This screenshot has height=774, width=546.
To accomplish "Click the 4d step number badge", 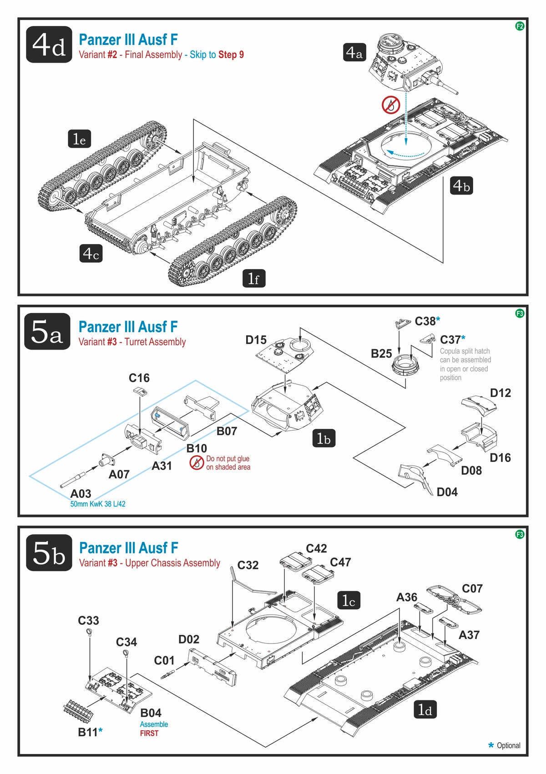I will point(49,45).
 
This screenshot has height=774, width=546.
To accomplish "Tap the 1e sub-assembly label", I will point(79,139).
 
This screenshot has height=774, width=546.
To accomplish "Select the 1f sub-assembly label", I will point(253,278).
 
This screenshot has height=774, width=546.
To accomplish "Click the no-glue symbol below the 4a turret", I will point(390,105).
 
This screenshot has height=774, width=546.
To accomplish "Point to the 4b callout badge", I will point(461,186).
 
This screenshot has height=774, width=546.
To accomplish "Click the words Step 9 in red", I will point(231,55).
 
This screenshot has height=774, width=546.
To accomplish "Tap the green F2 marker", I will point(520,26).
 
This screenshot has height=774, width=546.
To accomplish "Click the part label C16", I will point(139,378).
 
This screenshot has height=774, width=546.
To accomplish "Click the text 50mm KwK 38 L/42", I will point(98,504).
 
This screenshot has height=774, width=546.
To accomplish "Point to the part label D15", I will point(256,340).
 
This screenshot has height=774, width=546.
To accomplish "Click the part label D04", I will point(447,492).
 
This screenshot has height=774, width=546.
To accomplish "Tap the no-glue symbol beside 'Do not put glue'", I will point(197,463).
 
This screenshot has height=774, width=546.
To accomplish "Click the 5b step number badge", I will point(49,553).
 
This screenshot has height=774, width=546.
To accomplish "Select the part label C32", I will point(248,565).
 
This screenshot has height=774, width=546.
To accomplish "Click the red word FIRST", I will point(149,733).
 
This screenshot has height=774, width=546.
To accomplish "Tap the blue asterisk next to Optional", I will point(490,745).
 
